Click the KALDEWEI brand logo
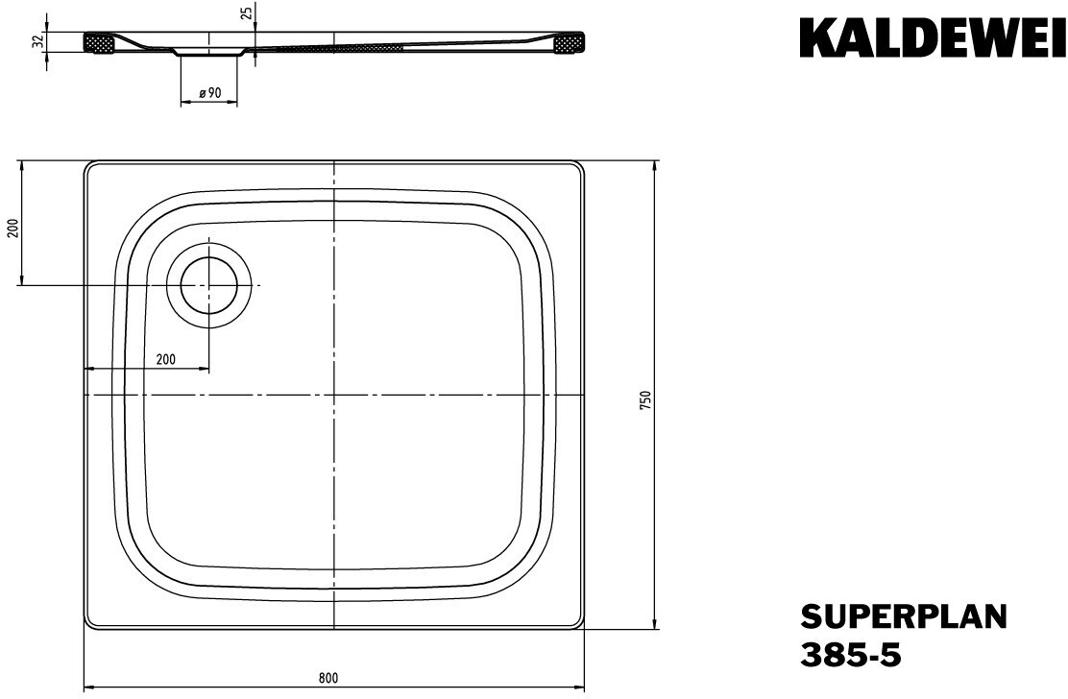pyautogui.click(x=932, y=39)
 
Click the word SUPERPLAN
pyautogui.click(x=903, y=617)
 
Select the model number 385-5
pyautogui.click(x=851, y=656)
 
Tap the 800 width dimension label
pyautogui.click(x=328, y=677)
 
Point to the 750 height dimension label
pyautogui.click(x=646, y=398)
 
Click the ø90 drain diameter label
pyautogui.click(x=209, y=94)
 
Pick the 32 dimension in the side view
pyautogui.click(x=38, y=41)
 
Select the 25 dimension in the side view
pyautogui.click(x=247, y=12)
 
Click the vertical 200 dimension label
pyautogui.click(x=11, y=229)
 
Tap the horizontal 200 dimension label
pyautogui.click(x=165, y=359)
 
